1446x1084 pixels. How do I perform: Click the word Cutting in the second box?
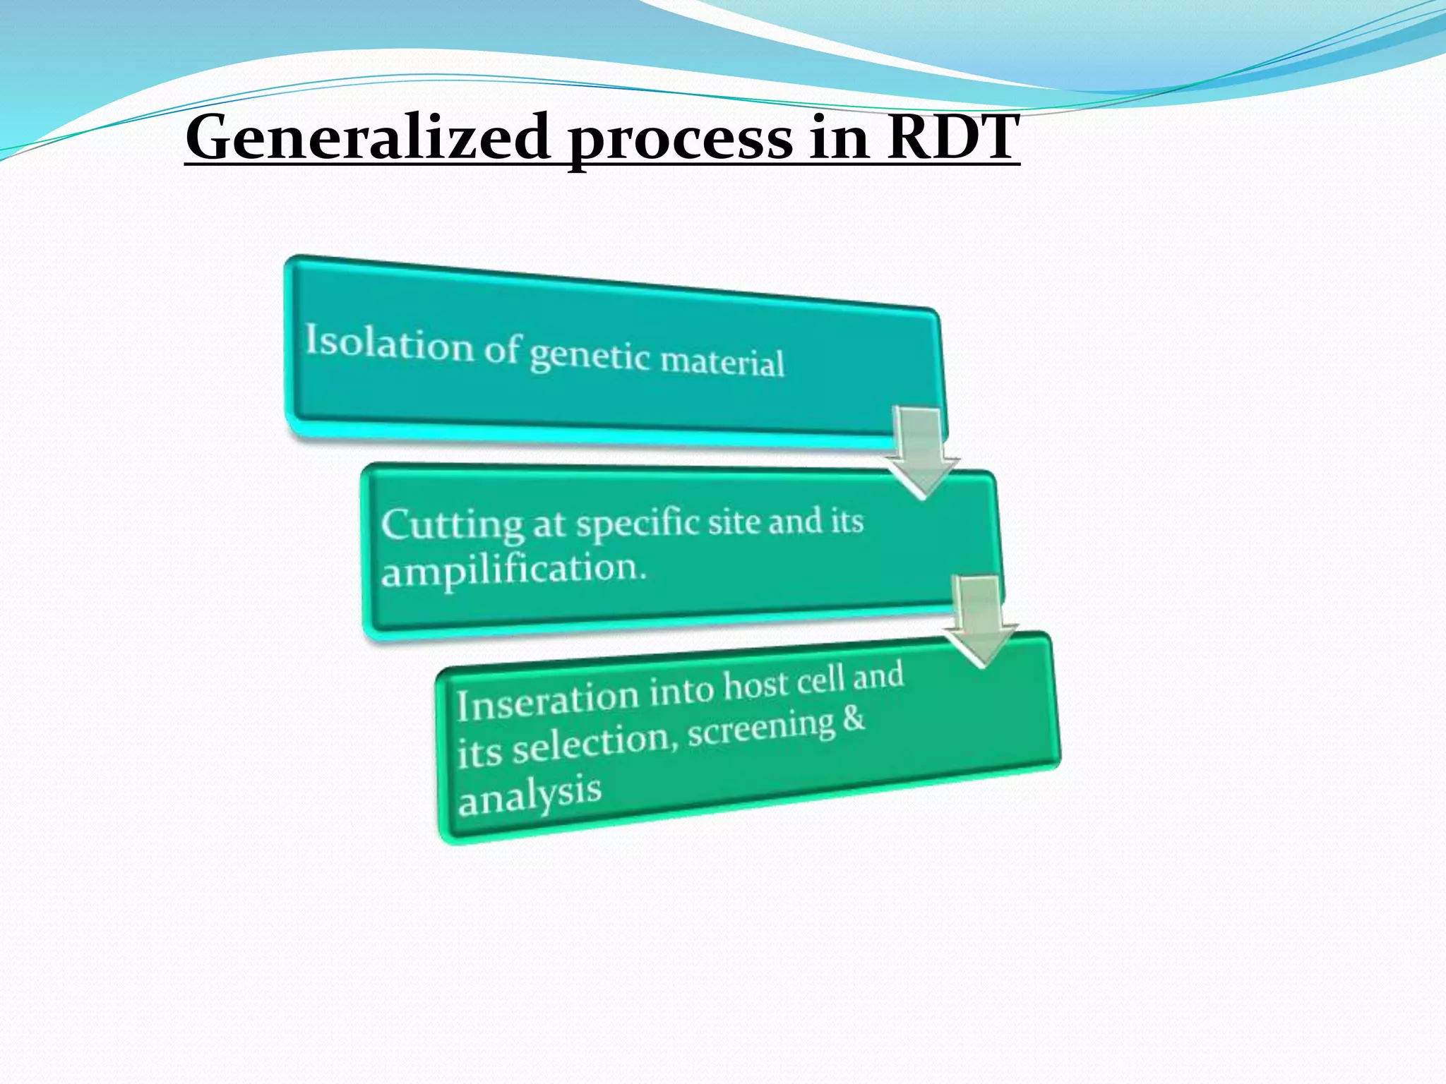(x=452, y=526)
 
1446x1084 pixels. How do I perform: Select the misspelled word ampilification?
(x=513, y=570)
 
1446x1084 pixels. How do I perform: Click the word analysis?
(x=530, y=795)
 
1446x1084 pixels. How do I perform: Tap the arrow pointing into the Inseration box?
(x=980, y=621)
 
